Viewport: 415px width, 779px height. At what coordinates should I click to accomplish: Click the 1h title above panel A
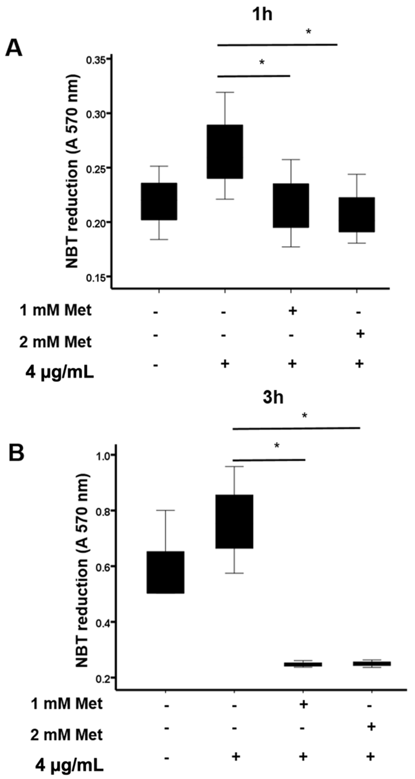pyautogui.click(x=262, y=14)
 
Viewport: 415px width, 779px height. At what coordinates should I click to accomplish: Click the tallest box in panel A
pyautogui.click(x=225, y=151)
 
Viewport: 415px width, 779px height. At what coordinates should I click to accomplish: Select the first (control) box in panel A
pyautogui.click(x=159, y=202)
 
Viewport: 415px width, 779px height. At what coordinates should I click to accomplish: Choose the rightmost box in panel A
pyautogui.click(x=357, y=215)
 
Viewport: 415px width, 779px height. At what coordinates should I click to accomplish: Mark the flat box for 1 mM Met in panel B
pyautogui.click(x=303, y=664)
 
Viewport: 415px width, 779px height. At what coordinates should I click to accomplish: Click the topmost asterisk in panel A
pyautogui.click(x=308, y=31)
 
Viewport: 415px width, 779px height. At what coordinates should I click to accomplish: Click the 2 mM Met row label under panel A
pyautogui.click(x=55, y=342)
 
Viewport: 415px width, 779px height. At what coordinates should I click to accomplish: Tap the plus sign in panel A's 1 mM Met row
pyautogui.click(x=292, y=311)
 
